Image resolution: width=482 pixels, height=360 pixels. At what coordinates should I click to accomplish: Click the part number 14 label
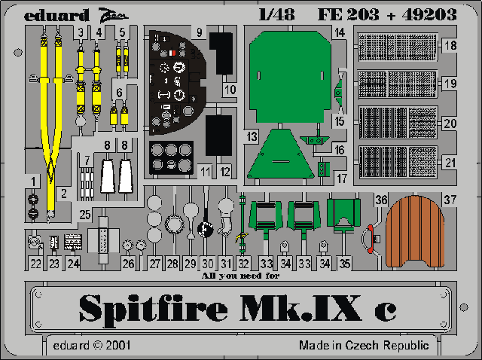click(340, 32)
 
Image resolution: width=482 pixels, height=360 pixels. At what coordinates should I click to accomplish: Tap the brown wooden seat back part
click(415, 231)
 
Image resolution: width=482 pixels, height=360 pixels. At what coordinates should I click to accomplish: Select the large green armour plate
click(290, 77)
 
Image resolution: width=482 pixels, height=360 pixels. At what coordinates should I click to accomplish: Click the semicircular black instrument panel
click(175, 83)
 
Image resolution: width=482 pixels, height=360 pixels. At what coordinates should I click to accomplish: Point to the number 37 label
click(450, 200)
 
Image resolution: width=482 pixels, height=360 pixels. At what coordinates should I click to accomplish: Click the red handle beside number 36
click(371, 239)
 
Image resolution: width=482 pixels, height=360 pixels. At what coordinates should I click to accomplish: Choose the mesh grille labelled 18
click(397, 47)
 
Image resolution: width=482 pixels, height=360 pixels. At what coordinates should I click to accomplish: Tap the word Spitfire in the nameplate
click(153, 309)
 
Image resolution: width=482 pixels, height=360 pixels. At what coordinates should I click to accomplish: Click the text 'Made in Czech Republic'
click(364, 345)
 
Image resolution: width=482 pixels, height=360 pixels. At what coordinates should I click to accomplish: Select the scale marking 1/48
click(276, 14)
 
